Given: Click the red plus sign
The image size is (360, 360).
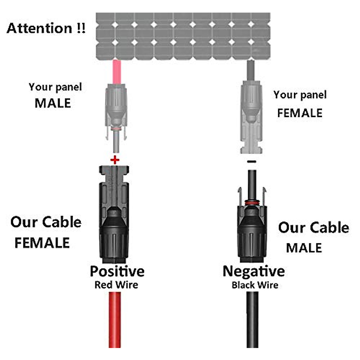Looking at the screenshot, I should (115, 160).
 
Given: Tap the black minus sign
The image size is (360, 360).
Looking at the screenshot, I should (251, 162).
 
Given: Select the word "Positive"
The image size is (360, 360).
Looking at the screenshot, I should (117, 271).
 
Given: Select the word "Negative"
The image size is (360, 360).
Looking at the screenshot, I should (253, 271).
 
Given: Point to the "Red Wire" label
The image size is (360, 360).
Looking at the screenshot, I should (116, 285).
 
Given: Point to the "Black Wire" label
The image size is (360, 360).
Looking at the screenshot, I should (255, 285).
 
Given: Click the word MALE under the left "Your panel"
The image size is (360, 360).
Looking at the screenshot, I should (53, 103).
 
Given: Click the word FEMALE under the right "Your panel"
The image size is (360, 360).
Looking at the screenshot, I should (300, 113).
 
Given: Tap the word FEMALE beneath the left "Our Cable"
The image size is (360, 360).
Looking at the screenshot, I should (42, 243).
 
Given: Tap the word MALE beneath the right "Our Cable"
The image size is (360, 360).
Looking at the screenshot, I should (304, 248).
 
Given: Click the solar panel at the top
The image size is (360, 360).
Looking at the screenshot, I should (183, 36).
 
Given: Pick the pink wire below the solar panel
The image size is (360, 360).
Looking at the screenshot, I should (116, 72).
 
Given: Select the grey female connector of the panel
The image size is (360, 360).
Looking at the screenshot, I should (251, 117).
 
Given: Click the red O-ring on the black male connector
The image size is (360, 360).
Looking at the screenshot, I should (251, 203).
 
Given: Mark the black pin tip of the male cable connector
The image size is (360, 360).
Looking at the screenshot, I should (251, 180).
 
